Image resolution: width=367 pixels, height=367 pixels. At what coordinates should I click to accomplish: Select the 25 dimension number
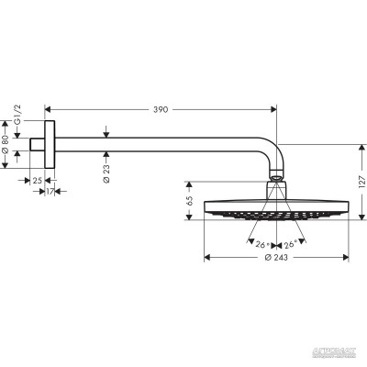[x=37, y=180]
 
